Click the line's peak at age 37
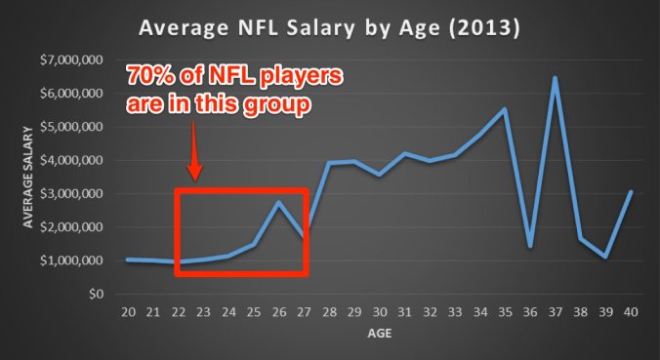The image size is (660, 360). [x=555, y=78]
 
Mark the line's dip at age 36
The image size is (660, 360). [x=529, y=246]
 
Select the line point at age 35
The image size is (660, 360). [x=505, y=109]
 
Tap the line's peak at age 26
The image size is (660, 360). [x=279, y=202]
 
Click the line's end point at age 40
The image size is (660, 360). [x=631, y=192]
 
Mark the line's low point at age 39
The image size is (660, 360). [x=605, y=257]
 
